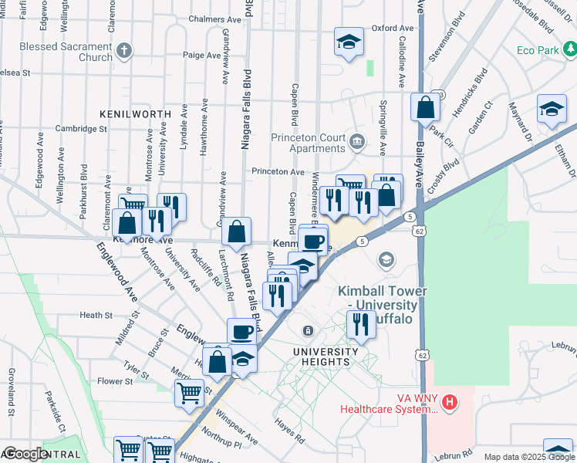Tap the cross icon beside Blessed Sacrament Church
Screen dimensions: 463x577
125,51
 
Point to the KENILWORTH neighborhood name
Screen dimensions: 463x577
135,113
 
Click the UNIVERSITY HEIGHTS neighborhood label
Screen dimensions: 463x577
326,352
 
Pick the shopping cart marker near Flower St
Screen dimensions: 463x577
189,394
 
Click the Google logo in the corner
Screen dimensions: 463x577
25,454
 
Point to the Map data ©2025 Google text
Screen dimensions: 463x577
528,457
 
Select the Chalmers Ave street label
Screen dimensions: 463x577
215,19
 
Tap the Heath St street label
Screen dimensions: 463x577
96,315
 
